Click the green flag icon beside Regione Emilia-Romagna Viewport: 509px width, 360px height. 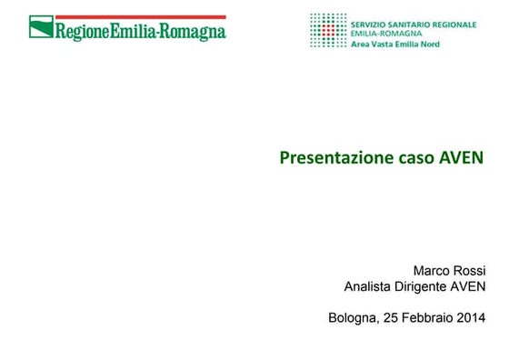(x=41, y=29)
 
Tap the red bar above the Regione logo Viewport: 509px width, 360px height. (x=127, y=16)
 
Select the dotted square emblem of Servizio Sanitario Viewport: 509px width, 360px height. (x=327, y=30)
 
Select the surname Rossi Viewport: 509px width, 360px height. (x=470, y=270)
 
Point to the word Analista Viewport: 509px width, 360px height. (x=369, y=287)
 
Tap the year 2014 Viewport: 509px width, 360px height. (x=472, y=318)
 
